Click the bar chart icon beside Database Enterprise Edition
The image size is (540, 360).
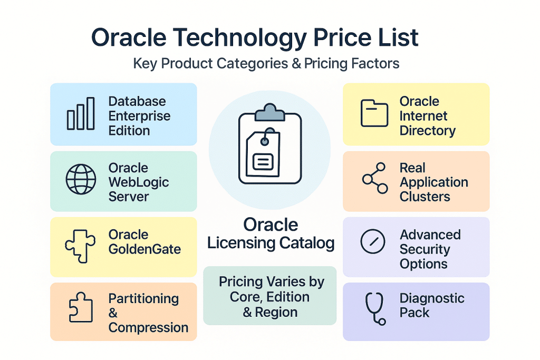coord(81,114)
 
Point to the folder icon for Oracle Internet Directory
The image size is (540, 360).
coord(374,113)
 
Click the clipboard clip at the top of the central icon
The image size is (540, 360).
coord(269,112)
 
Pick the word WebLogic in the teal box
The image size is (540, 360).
coord(139,182)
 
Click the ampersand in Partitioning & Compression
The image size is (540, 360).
coord(113,313)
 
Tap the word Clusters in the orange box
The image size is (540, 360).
coord(425,197)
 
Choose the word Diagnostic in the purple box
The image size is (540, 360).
coord(432,298)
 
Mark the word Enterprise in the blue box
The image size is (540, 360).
coord(139,116)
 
